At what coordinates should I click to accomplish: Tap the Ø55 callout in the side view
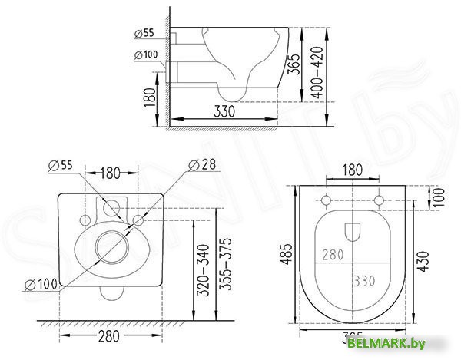point(144,33)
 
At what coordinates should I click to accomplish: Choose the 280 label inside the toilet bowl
point(333,255)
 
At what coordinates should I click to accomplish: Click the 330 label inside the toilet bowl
point(365,281)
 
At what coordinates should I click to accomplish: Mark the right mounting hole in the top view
point(380,201)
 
